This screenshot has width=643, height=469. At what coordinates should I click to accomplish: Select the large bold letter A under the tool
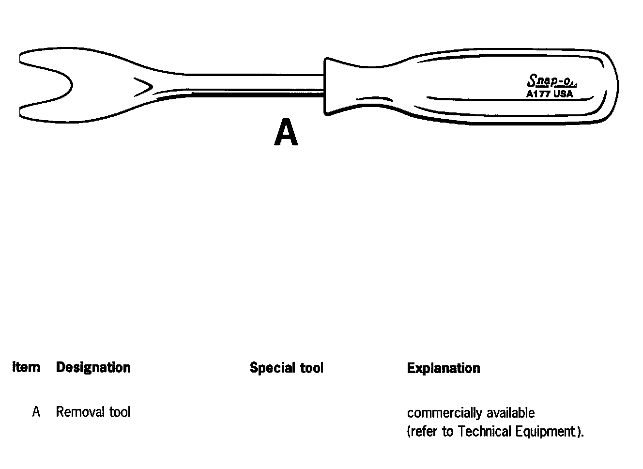click(x=286, y=133)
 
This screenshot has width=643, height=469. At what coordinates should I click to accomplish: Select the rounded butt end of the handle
click(x=611, y=86)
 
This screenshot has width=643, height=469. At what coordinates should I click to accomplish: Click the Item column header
click(x=26, y=367)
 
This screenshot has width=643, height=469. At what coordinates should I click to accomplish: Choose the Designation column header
click(x=93, y=368)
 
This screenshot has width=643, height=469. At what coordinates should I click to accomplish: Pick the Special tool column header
click(x=286, y=368)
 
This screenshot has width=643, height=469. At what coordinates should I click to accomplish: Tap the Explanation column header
click(x=443, y=368)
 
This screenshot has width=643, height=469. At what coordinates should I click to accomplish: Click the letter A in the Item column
click(x=36, y=412)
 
